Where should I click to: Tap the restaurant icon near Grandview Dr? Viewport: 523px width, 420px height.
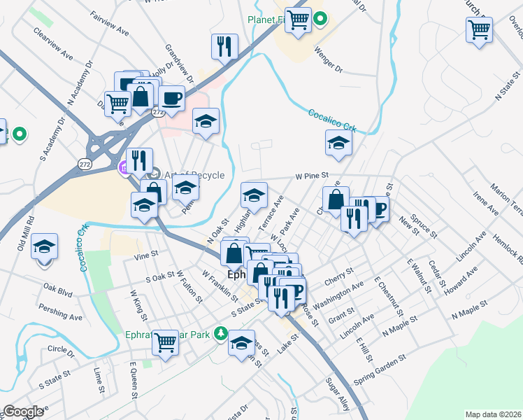point(224,47)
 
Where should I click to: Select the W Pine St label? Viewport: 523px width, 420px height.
point(312,176)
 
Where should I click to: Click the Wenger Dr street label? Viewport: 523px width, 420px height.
point(328,60)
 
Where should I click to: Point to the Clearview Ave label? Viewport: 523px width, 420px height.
point(52,43)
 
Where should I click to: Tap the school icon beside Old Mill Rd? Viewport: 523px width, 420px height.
point(45,247)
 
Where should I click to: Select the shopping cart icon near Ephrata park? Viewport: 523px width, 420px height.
point(166,343)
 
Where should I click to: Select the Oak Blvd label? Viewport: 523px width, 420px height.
point(57,287)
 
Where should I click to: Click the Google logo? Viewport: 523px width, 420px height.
point(23,411)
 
